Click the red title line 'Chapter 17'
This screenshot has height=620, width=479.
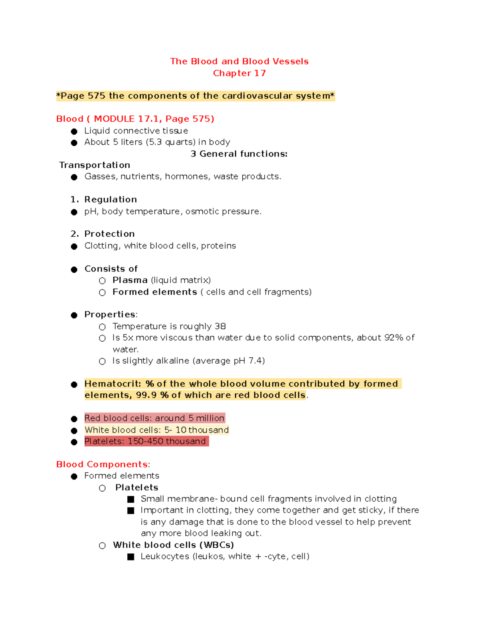[239, 73]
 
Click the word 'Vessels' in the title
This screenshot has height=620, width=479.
[291, 61]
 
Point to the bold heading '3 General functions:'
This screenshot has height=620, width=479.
[239, 154]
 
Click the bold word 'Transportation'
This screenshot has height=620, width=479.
[95, 165]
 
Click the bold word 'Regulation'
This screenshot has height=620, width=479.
[111, 200]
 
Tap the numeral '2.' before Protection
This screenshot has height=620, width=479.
[75, 234]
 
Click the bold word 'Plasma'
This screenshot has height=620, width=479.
[130, 280]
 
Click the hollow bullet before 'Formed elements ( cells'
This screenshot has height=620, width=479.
[102, 293]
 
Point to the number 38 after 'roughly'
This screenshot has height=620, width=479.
[220, 327]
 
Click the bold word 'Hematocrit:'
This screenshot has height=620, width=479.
[113, 384]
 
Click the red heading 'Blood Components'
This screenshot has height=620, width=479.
[102, 465]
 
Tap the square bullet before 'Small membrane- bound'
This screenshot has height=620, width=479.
[131, 499]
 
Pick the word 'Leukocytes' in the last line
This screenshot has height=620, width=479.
[165, 557]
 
